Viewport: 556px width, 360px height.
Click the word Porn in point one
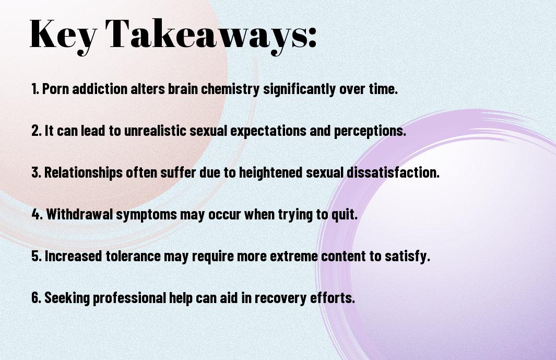(x=55, y=89)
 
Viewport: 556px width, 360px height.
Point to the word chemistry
(x=230, y=89)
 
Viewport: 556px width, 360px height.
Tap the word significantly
(x=299, y=89)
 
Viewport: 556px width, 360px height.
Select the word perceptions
(x=370, y=131)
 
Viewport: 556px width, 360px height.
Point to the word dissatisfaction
(x=393, y=172)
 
